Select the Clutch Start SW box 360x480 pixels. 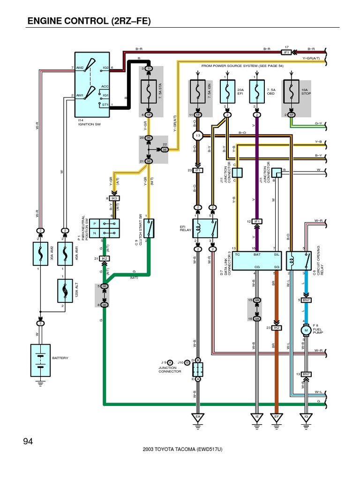(x=148, y=228)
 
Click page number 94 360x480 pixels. (x=29, y=442)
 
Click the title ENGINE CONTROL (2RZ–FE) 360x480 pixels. (x=89, y=21)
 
